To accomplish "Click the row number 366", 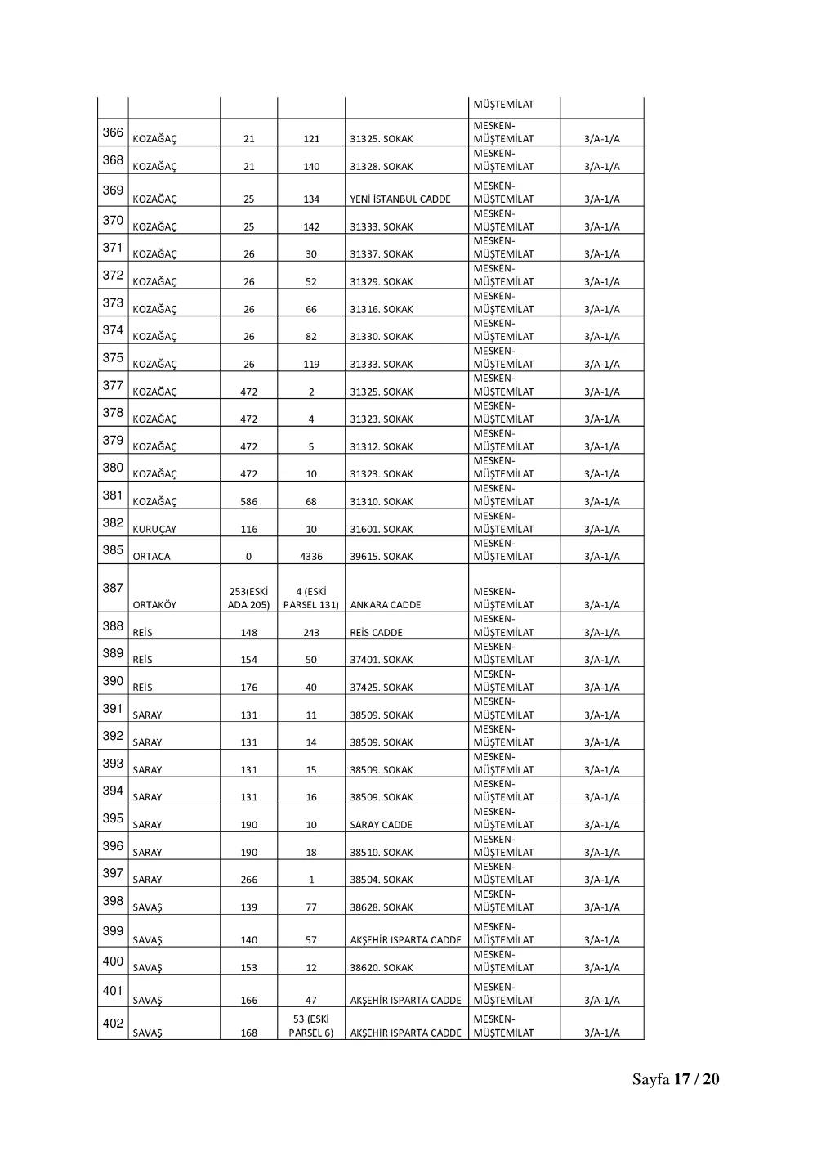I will tap(113, 132).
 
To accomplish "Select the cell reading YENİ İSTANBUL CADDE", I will tap(400, 199).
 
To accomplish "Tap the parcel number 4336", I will tap(311, 557).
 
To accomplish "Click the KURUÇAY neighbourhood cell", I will tap(154, 530).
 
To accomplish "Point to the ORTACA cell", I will tap(152, 557).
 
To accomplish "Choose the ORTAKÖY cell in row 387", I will tap(154, 605).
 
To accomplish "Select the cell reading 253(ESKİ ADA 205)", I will tap(248, 598).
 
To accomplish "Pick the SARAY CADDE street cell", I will tap(382, 825).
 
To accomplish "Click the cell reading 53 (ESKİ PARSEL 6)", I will tap(311, 1026).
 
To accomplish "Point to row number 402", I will tap(113, 1024).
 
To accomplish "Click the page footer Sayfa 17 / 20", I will tap(676, 1079).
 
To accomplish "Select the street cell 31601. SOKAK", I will tap(382, 530).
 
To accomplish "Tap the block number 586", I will tap(249, 502).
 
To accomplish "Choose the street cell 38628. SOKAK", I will tap(382, 907).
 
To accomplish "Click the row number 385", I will tap(113, 550).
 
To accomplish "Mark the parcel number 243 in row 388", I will tap(311, 633).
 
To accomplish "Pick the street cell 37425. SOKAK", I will tap(382, 688).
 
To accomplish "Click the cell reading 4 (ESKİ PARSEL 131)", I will tap(311, 598).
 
